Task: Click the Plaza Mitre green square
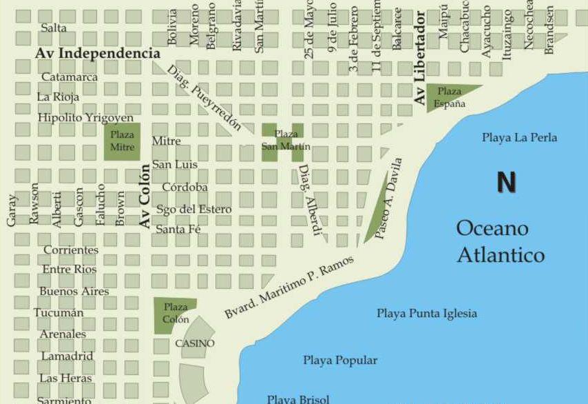point(122,142)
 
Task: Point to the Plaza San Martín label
point(286,140)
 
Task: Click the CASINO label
point(194,343)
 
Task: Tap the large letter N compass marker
point(506,183)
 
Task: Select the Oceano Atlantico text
point(501,241)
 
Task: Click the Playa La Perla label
point(519,138)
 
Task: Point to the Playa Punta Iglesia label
point(426,314)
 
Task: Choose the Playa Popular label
point(340,361)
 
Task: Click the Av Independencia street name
point(97,53)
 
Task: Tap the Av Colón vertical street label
point(145,196)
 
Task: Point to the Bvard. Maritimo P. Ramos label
point(289,287)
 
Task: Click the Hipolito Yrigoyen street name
point(85,118)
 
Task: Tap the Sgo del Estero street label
point(193,209)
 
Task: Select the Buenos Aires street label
point(74,292)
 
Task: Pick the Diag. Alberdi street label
point(309,200)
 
